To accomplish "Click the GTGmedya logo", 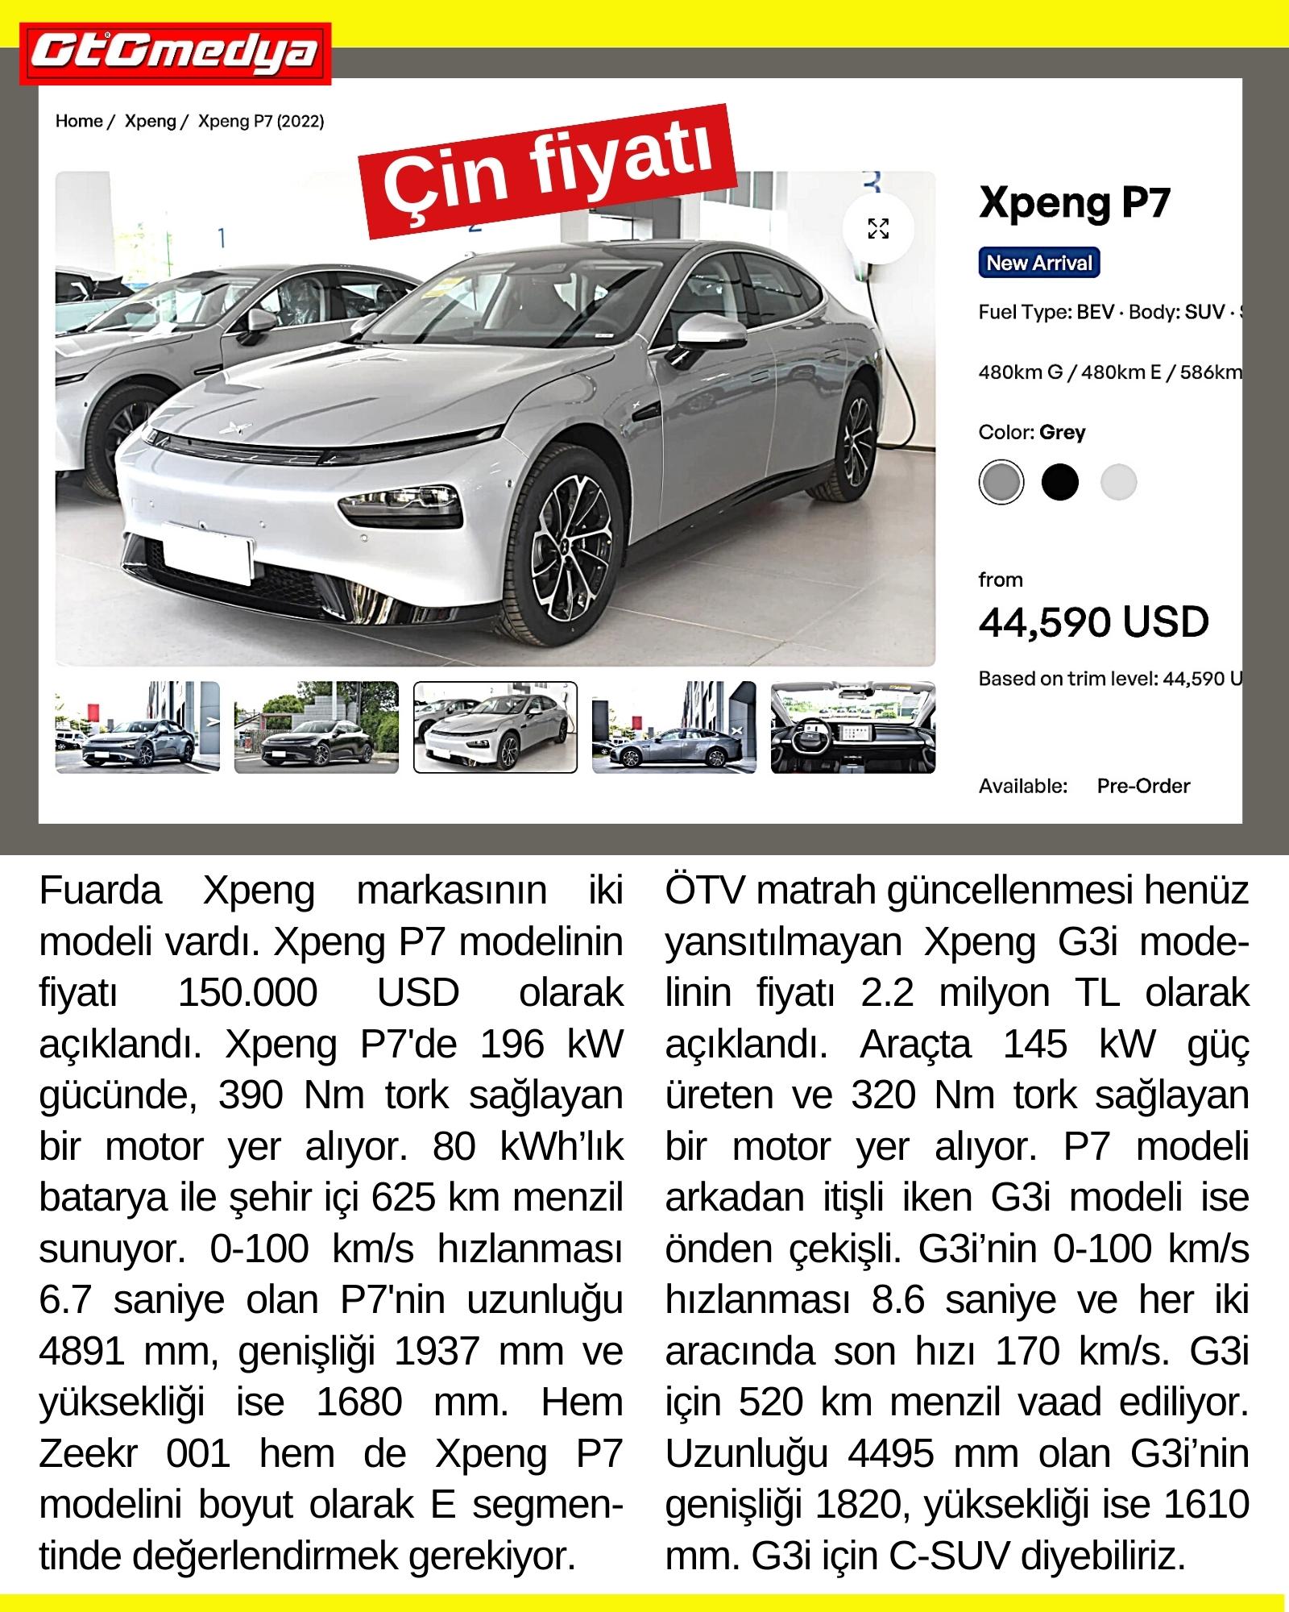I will coord(176,53).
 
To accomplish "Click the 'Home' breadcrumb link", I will coord(79,121).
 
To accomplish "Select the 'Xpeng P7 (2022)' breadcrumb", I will coord(261,121).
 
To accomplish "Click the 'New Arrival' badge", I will coord(1038,263).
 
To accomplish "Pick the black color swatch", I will coord(1059,483).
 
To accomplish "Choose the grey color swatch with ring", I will coord(1001,483).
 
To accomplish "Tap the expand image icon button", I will coord(878,228).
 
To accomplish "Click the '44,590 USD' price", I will coord(1093,622).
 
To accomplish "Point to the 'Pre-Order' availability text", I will coord(1142,786).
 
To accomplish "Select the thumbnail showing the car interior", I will coord(852,727).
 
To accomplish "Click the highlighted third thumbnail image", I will coord(495,727).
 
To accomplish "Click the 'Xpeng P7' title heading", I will coord(1074,201).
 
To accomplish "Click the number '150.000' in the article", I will coord(248,992).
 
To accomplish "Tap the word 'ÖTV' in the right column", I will coord(705,891).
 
